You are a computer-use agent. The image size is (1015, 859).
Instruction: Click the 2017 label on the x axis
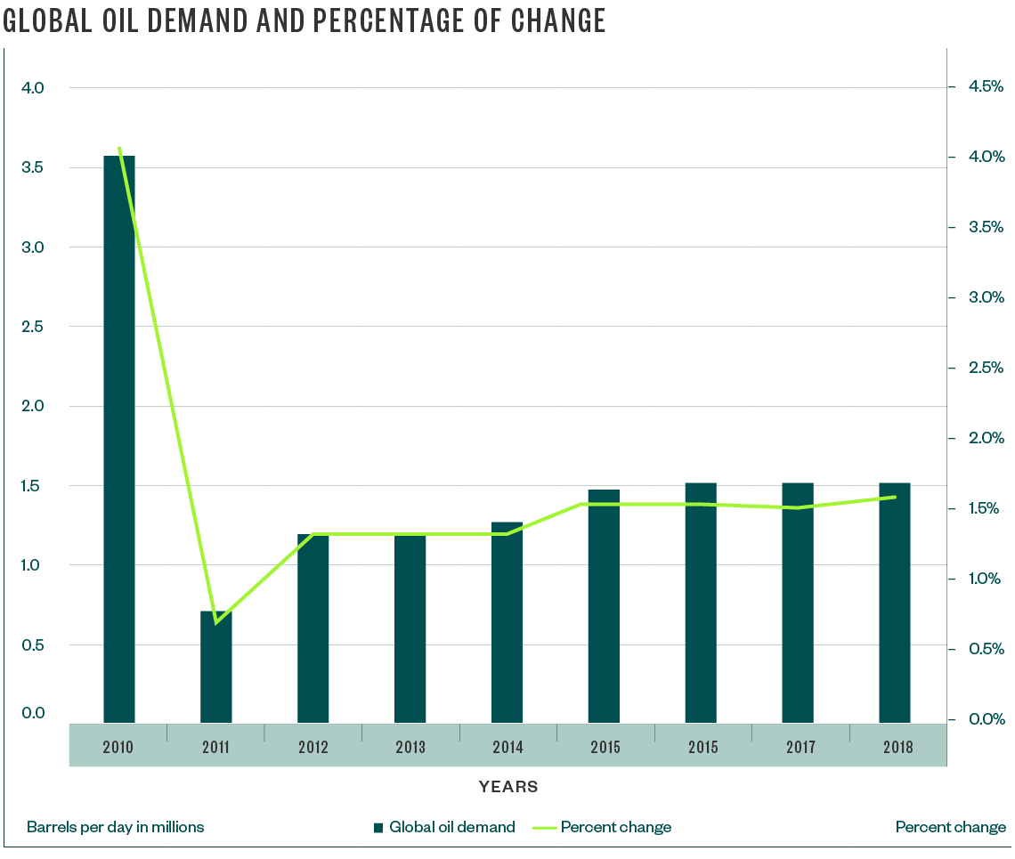[800, 748]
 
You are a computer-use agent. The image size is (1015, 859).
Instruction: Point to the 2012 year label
[313, 748]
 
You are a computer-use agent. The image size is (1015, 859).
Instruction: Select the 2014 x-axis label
[507, 748]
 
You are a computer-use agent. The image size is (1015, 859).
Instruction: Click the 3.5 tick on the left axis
[32, 167]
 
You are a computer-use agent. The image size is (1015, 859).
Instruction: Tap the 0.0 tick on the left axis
[32, 713]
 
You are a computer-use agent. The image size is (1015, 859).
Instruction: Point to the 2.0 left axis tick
[32, 406]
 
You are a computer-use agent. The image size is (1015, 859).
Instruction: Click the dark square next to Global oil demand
[378, 827]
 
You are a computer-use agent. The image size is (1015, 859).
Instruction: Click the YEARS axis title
[507, 787]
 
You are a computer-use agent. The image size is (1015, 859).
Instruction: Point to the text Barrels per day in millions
[116, 827]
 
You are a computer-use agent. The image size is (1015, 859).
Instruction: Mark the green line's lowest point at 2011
[216, 621]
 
